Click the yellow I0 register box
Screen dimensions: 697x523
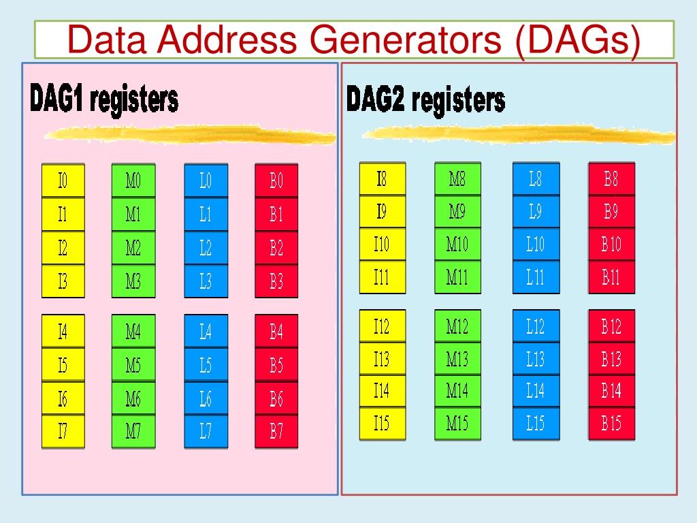click(63, 180)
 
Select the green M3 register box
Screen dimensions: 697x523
click(133, 281)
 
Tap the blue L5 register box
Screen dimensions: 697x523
click(206, 365)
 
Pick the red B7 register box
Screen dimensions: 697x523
click(276, 431)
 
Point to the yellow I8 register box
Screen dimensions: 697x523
click(383, 179)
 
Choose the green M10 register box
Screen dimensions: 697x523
click(457, 244)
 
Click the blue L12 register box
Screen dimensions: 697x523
click(536, 326)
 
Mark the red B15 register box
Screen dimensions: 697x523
click(612, 424)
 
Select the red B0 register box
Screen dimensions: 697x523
click(276, 180)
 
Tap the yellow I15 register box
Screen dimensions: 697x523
click(383, 424)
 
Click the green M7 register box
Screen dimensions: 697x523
click(133, 431)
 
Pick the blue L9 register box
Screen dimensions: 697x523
click(536, 211)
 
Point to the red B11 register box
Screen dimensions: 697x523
click(612, 277)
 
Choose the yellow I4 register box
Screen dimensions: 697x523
click(63, 332)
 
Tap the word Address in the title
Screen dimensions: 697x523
click(227, 39)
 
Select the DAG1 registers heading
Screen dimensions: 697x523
click(104, 98)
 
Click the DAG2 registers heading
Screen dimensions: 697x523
click(425, 99)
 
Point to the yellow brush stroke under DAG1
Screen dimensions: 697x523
click(191, 134)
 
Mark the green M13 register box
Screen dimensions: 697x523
click(457, 358)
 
